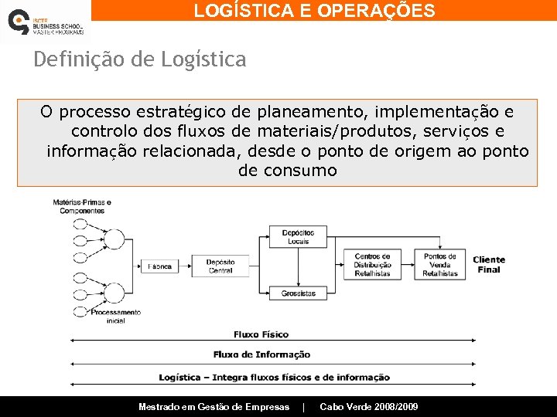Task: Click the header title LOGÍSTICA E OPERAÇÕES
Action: click(314, 11)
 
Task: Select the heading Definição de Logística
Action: click(140, 59)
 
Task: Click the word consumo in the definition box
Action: click(302, 171)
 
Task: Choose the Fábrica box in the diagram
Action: click(160, 266)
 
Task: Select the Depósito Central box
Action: click(220, 266)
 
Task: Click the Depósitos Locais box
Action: click(298, 237)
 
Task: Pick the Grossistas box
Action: click(299, 293)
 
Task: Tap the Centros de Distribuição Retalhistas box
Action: click(373, 265)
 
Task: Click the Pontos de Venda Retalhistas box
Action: click(440, 265)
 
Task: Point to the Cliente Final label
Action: click(489, 265)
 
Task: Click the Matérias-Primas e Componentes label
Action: click(82, 207)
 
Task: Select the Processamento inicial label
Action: click(115, 316)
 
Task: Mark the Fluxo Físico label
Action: click(261, 334)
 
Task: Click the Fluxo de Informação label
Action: click(262, 354)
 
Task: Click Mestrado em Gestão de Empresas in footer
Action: click(214, 407)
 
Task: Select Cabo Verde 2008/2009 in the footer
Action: click(369, 407)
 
